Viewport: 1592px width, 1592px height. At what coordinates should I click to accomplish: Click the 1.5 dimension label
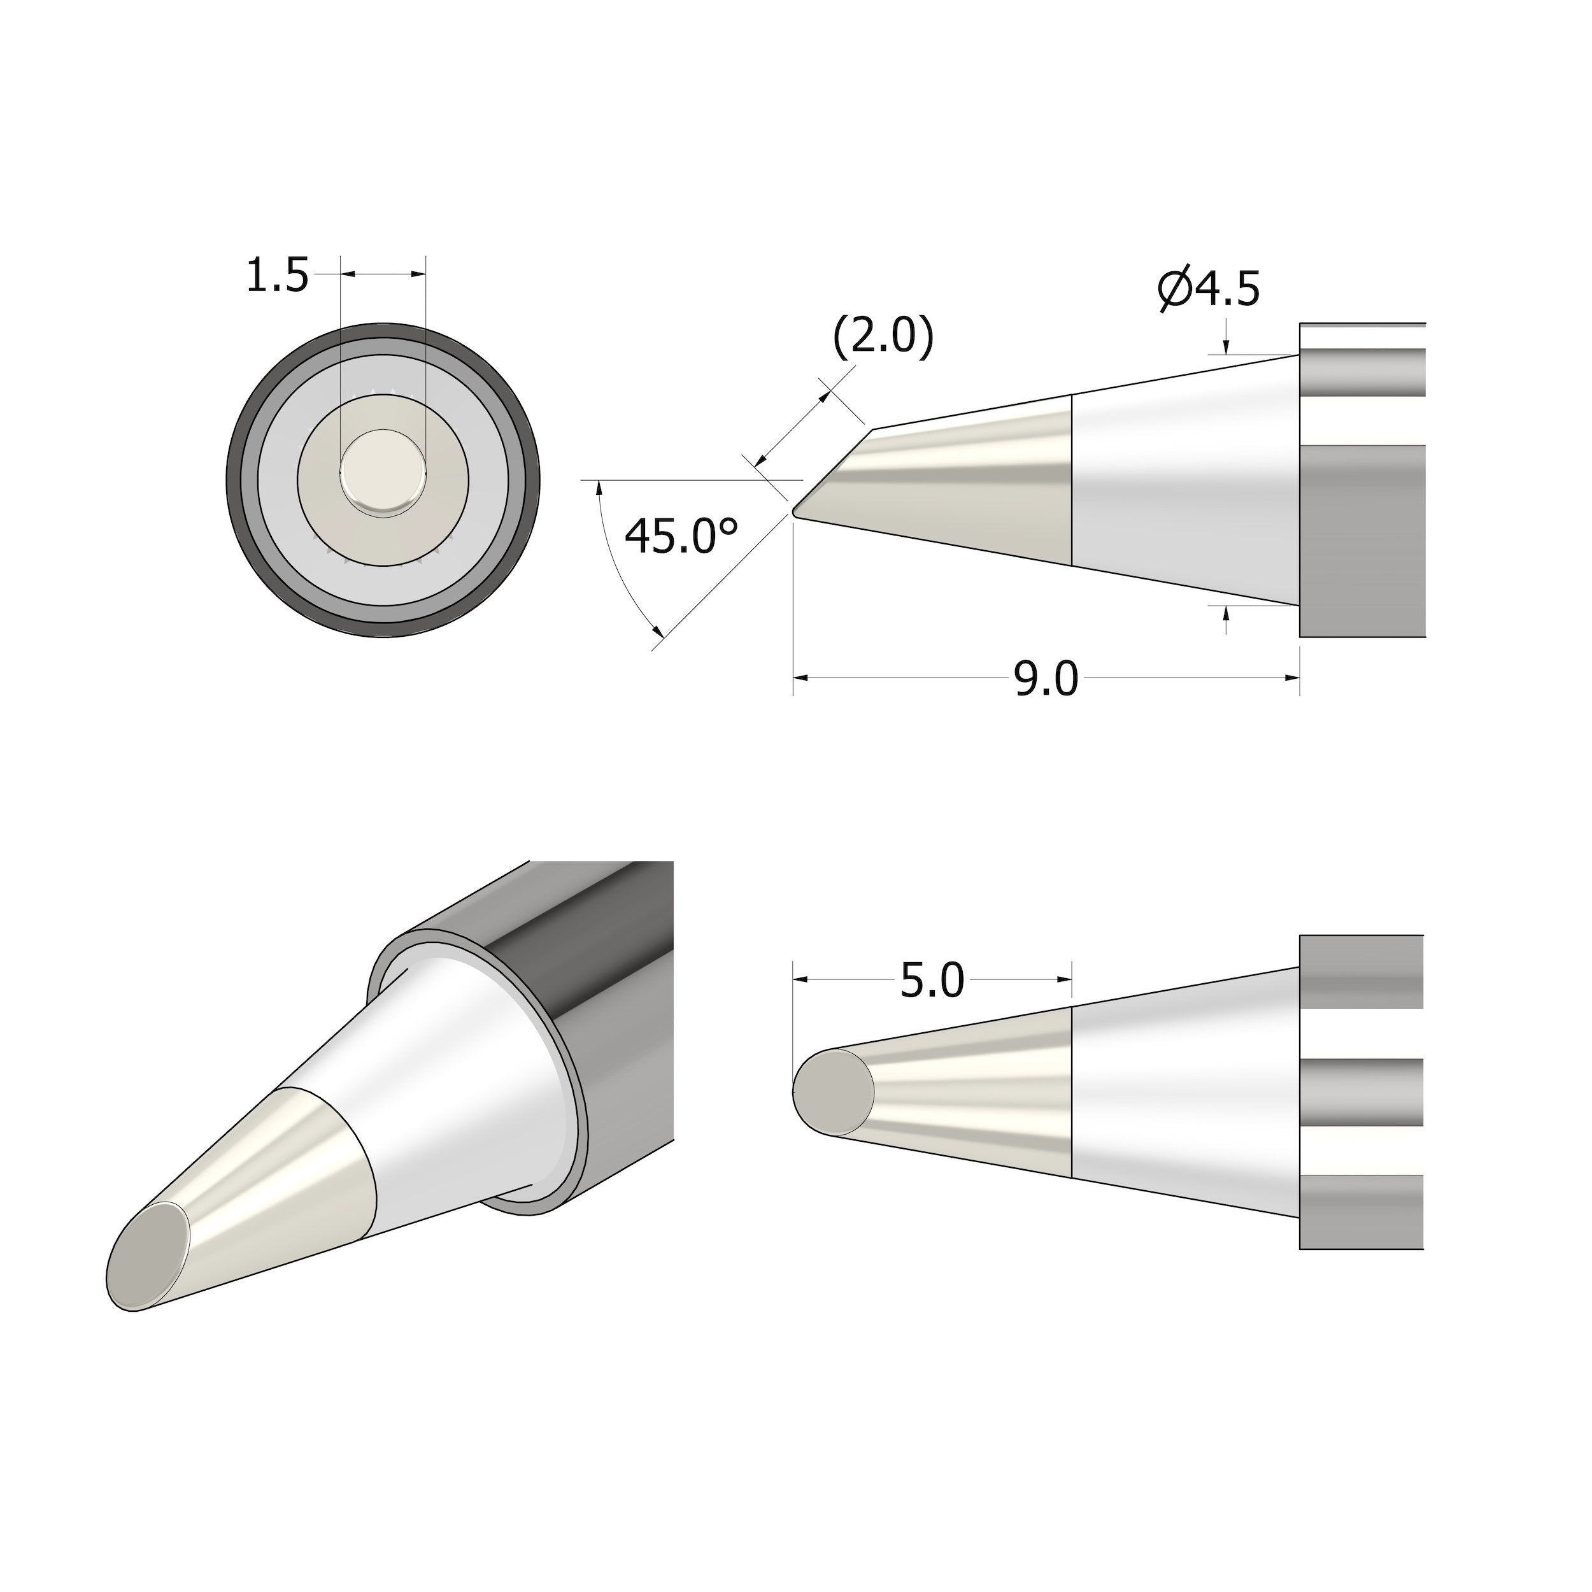point(277,276)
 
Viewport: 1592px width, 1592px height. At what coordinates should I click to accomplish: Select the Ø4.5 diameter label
point(1208,288)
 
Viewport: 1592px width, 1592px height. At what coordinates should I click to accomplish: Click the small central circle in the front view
point(383,476)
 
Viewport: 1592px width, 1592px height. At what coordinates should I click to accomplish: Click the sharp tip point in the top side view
point(794,513)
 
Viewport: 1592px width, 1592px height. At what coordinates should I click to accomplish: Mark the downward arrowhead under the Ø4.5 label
point(1226,347)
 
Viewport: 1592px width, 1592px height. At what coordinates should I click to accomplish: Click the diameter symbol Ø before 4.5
point(1175,289)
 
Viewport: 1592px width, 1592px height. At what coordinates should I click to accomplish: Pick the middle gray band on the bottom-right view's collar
point(1361,1092)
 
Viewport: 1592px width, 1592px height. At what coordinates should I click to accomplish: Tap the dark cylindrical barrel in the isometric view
point(610,989)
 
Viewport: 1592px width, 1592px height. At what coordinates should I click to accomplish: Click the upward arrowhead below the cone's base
point(1226,613)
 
